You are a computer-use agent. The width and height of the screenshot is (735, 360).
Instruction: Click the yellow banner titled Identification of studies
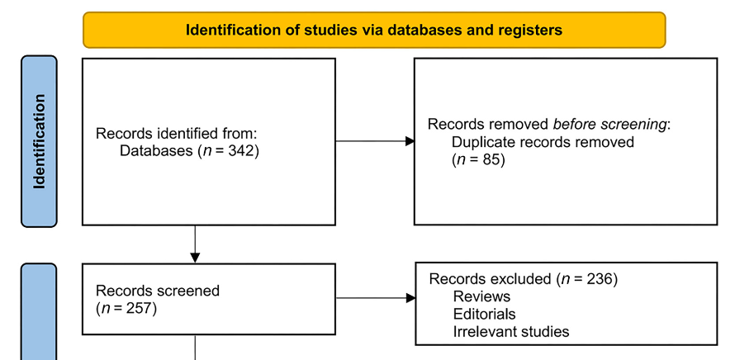[x=373, y=31]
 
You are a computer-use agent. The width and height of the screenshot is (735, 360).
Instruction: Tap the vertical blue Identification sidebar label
[x=39, y=141]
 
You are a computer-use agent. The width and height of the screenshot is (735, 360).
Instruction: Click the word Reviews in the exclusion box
[x=481, y=296]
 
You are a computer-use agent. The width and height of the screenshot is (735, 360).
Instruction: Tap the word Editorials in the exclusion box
[x=484, y=314]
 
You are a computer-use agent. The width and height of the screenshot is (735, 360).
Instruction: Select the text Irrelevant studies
[x=510, y=332]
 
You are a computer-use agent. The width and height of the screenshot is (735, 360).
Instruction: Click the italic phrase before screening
[x=618, y=125]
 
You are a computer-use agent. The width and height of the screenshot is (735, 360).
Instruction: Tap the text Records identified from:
[x=167, y=134]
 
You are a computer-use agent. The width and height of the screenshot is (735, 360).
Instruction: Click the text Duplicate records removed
[x=543, y=142]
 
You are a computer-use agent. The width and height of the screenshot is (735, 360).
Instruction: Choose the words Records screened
[x=158, y=291]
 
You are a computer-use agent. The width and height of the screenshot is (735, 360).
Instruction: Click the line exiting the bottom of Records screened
[x=195, y=347]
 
